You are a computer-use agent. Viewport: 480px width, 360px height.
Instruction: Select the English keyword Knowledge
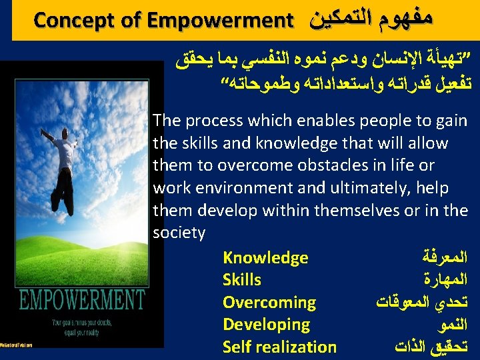click(265, 258)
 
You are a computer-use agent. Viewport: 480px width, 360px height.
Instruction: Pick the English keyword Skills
click(241, 280)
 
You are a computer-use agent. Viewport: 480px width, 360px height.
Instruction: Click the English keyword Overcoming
click(269, 303)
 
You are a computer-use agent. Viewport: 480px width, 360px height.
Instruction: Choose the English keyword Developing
click(266, 325)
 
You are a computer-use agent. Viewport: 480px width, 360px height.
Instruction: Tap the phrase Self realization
click(279, 347)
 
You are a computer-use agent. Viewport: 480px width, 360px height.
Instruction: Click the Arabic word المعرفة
click(446, 257)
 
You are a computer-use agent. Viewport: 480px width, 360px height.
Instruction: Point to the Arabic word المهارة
click(446, 280)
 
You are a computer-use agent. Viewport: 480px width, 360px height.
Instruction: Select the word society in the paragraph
click(179, 233)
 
